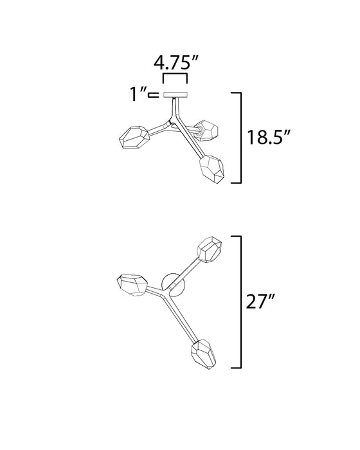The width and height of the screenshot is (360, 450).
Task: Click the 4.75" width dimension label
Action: pyautogui.click(x=175, y=64)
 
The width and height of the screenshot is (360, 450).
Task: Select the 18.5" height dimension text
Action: pyautogui.click(x=267, y=138)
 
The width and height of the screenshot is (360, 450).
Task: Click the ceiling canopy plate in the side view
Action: pyautogui.click(x=174, y=96)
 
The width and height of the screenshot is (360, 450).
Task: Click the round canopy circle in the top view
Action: pyautogui.click(x=172, y=283)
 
